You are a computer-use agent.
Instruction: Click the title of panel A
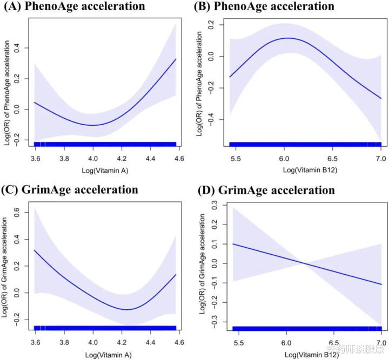(76, 7)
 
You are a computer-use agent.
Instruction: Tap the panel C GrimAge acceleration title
(70, 190)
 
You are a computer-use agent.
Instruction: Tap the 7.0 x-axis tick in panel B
(381, 158)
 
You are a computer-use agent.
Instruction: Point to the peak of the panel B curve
(289, 38)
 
